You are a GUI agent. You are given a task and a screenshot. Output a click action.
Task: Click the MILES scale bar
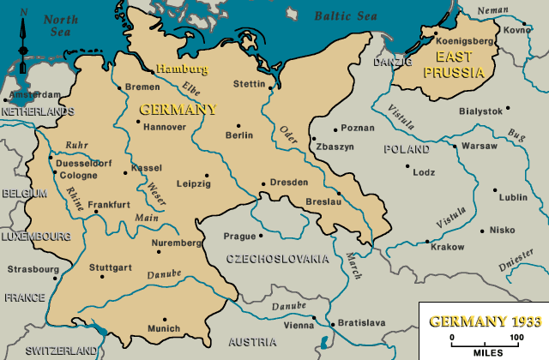coord(483,337)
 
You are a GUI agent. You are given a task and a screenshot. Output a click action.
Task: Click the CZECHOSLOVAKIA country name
coord(277,258)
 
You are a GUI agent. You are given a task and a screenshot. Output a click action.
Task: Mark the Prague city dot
coord(261,236)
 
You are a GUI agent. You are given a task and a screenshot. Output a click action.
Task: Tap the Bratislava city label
coord(362,323)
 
